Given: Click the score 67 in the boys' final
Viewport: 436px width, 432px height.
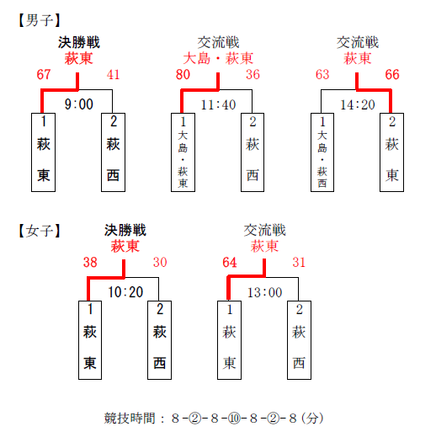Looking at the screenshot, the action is click(x=44, y=75).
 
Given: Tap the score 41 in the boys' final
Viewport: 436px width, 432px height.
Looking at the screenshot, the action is click(x=113, y=75).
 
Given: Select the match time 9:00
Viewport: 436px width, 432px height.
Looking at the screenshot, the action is click(x=79, y=104).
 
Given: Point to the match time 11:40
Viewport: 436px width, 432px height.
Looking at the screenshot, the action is click(x=218, y=104).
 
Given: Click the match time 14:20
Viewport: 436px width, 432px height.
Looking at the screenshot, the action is click(x=358, y=104).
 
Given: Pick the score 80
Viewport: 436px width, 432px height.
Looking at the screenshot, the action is click(x=183, y=75).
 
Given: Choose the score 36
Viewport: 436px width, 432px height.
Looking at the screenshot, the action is click(x=253, y=75).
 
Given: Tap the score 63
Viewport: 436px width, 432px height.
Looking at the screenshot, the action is click(x=322, y=75).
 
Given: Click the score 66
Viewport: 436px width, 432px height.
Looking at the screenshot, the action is click(x=392, y=75).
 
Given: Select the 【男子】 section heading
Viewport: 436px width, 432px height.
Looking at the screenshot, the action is click(x=40, y=20).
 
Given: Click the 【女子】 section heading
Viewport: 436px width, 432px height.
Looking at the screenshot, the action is click(x=40, y=231).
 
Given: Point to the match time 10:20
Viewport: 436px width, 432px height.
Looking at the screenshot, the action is click(x=125, y=292).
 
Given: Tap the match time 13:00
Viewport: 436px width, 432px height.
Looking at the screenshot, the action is click(x=264, y=292).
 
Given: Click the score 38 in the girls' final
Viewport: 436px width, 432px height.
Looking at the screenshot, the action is click(x=90, y=263).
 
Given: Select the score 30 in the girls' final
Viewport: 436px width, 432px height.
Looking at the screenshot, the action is click(x=160, y=263).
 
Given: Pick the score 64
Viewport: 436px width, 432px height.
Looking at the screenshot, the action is click(x=230, y=263).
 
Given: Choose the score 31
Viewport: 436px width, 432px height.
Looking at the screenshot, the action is click(x=299, y=263).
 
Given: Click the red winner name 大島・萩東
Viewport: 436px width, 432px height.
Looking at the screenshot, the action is click(x=218, y=59).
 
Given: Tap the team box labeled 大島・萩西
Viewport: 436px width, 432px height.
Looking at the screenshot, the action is click(x=322, y=152).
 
